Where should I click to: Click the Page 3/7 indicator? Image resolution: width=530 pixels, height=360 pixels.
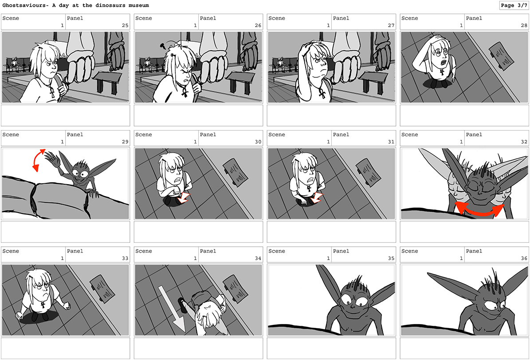[x=514, y=5]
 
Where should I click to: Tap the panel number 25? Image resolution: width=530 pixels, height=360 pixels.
[x=125, y=25]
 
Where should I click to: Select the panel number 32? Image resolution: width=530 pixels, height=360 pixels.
[x=524, y=142]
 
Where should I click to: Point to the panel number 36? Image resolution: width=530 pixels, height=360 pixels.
[x=524, y=258]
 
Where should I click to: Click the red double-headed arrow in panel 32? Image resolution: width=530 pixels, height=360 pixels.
[x=479, y=210]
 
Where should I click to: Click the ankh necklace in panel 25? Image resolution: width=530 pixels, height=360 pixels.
[x=52, y=92]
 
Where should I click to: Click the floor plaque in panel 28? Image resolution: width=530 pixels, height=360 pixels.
[x=502, y=56]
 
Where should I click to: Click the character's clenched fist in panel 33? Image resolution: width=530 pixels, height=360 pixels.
[x=67, y=305]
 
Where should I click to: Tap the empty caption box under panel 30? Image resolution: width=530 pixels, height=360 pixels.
[x=198, y=232]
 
